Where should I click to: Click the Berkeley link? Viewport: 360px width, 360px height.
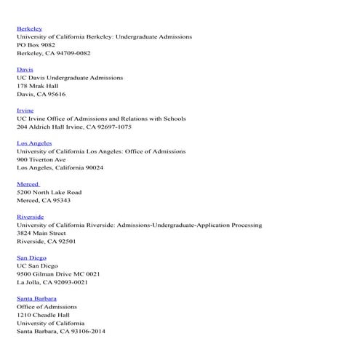(x=29, y=28)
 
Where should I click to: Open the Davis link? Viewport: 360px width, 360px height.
(x=25, y=69)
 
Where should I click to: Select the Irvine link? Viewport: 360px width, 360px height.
(x=25, y=111)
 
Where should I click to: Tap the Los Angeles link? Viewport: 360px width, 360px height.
(x=34, y=143)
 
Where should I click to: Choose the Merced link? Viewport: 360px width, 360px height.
(x=28, y=184)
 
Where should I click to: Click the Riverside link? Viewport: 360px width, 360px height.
(x=30, y=217)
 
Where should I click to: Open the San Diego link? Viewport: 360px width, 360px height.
(x=31, y=257)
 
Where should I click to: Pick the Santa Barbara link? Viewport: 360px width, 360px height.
(x=36, y=298)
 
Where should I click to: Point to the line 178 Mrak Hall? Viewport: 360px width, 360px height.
(x=37, y=86)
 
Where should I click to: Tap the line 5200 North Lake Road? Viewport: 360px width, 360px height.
(x=49, y=192)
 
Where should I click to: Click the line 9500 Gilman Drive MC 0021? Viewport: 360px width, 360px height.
(x=58, y=274)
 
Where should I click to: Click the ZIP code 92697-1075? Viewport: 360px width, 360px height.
(x=114, y=127)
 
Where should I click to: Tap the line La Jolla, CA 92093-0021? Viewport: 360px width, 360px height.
(x=52, y=282)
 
